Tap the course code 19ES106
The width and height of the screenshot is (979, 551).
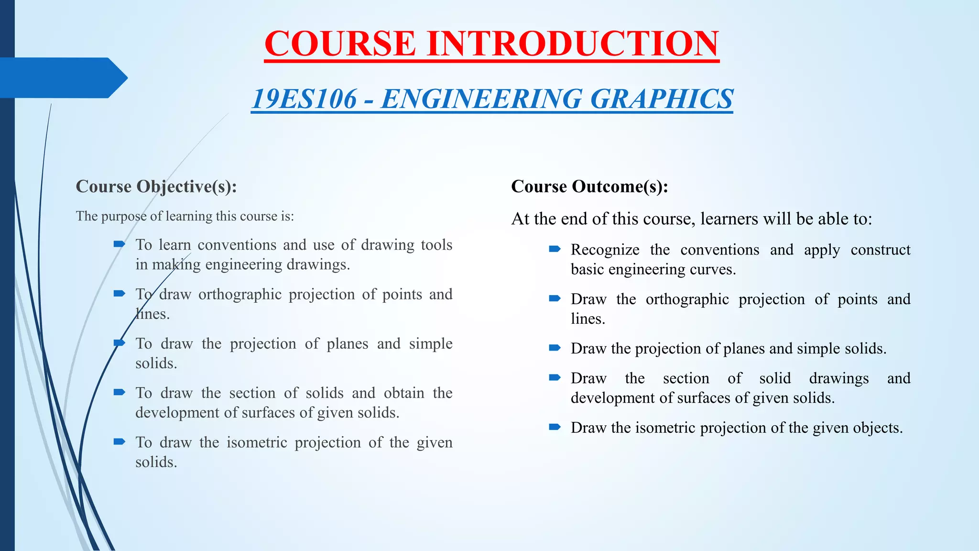pos(304,99)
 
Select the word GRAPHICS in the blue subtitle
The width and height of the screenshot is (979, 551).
pos(662,99)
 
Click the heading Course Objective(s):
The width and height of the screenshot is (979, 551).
pos(156,187)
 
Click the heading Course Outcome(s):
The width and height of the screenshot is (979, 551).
pos(589,187)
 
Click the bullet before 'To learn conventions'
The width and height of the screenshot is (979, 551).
pos(119,244)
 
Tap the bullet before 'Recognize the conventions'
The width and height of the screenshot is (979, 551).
pos(555,249)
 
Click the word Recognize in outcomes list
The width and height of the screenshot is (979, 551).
pos(605,250)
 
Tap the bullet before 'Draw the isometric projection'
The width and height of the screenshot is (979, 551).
pos(555,427)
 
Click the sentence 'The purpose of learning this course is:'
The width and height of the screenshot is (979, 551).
pos(185,216)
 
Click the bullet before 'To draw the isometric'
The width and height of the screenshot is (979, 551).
pos(119,441)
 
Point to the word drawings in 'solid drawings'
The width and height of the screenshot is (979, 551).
pos(838,378)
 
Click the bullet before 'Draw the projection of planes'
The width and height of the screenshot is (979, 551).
pos(555,348)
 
